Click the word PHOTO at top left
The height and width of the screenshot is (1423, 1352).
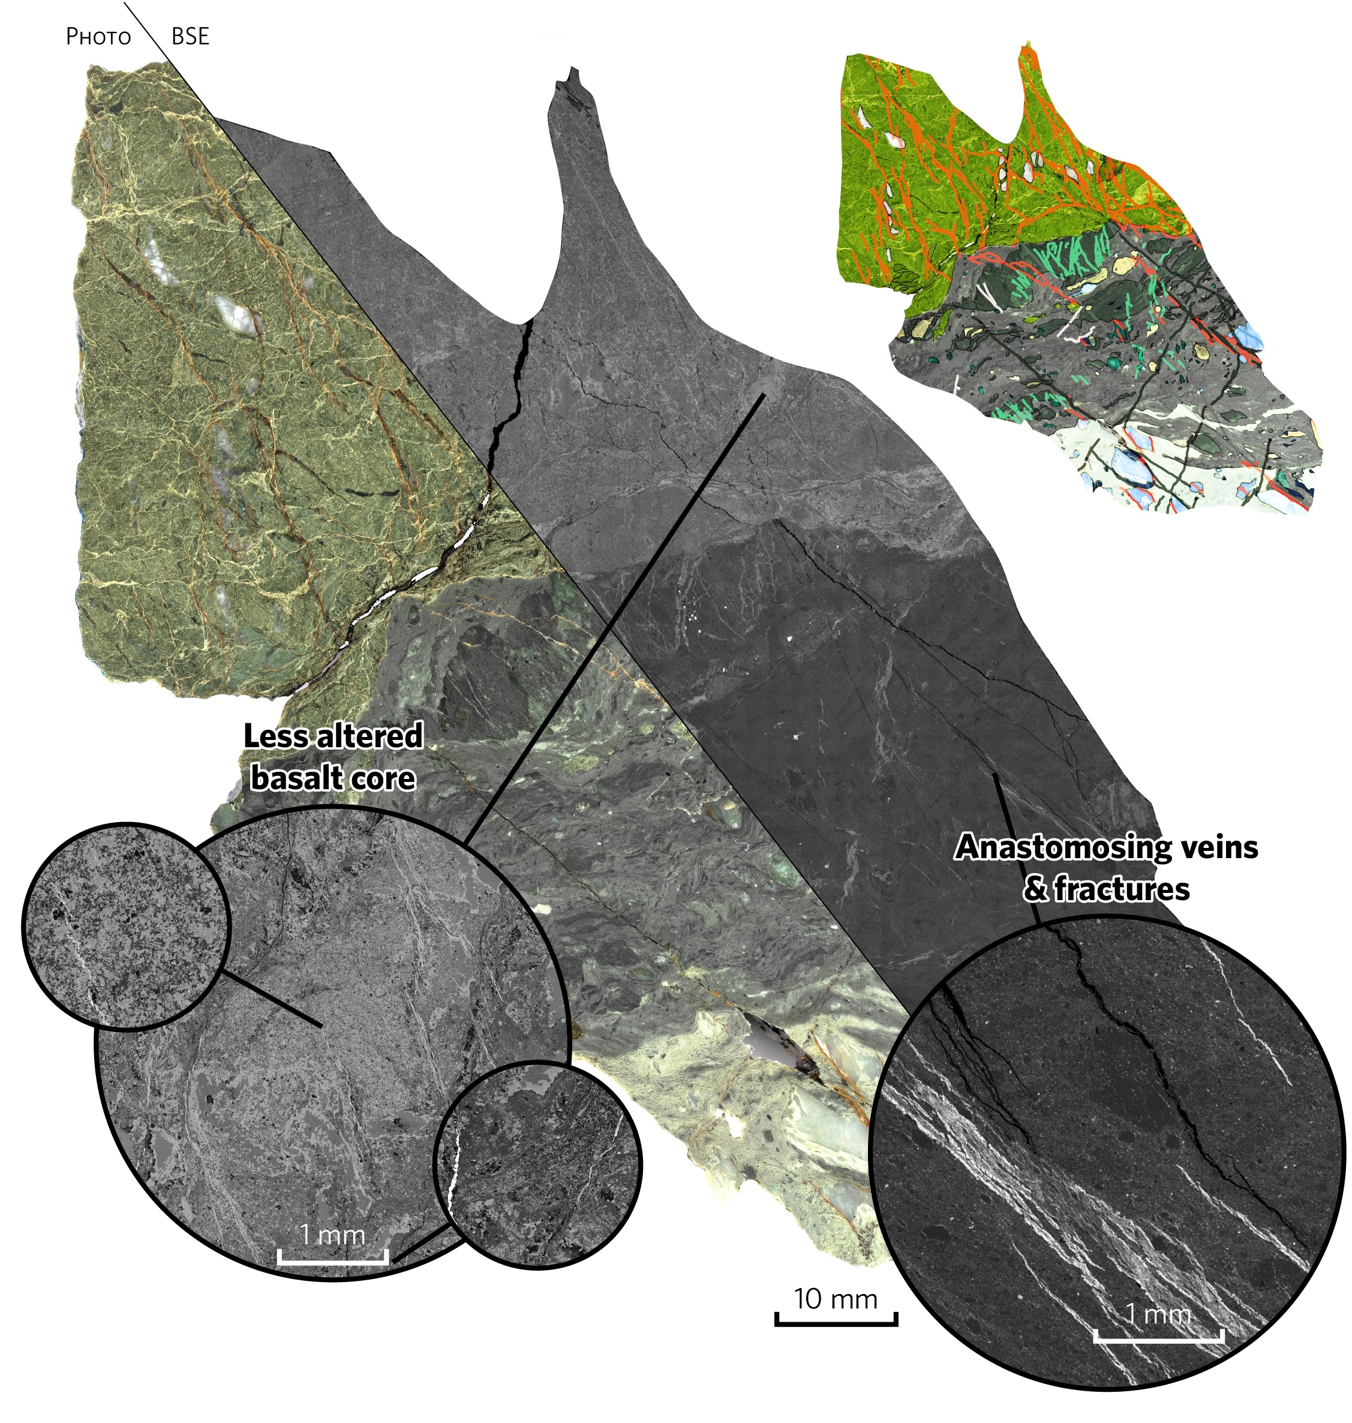[x=98, y=37]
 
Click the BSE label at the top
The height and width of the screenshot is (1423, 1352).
[x=190, y=37]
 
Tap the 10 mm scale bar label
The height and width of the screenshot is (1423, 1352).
[x=836, y=1299]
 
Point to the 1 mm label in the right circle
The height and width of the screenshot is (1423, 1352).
[x=1158, y=1314]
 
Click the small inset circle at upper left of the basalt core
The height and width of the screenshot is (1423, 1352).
[x=126, y=926]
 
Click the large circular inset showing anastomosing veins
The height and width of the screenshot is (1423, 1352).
[x=1107, y=1153]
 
